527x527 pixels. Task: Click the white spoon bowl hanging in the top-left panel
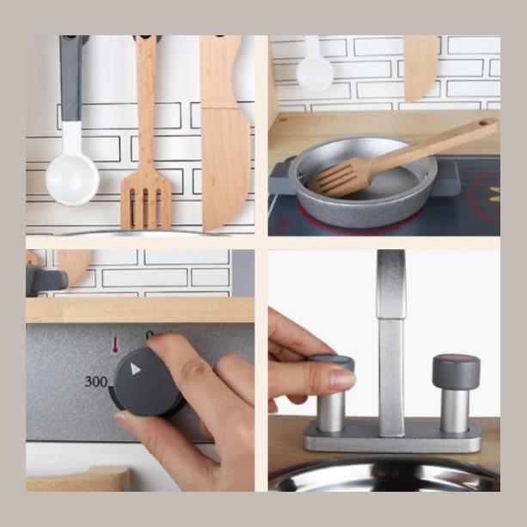click(72, 180)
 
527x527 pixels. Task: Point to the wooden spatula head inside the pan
click(340, 177)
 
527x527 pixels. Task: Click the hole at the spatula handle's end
click(482, 123)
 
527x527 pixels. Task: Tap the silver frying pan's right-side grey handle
click(446, 178)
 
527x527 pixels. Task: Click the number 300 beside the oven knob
click(95, 382)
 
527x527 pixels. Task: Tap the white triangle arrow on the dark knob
click(135, 369)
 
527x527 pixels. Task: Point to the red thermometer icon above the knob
click(115, 345)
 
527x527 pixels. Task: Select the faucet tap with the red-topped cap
click(456, 393)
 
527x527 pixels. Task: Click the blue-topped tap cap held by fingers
click(334, 361)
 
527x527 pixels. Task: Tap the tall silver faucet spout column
click(391, 343)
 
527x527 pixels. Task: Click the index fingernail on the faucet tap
click(342, 379)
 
